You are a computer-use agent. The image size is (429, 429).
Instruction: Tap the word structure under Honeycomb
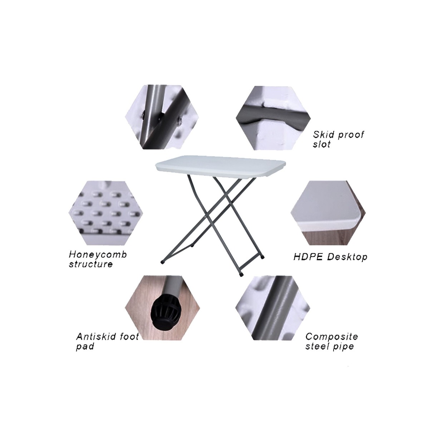point(91,265)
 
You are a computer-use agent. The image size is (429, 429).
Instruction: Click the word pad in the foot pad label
point(85,347)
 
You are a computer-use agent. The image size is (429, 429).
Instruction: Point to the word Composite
point(331,336)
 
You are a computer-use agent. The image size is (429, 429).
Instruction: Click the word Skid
point(323,135)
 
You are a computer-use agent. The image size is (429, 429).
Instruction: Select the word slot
point(322,145)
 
